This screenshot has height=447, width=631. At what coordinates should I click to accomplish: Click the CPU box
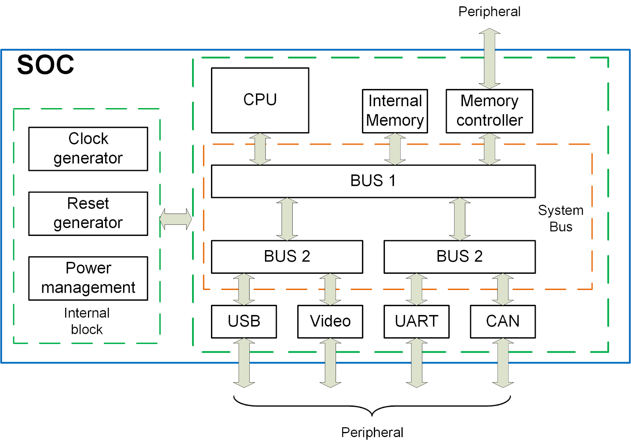click(x=260, y=100)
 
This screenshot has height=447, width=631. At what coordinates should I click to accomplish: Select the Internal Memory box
click(x=395, y=111)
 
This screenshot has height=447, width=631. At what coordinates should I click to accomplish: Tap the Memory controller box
click(x=489, y=111)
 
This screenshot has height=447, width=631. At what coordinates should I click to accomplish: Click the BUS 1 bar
click(x=373, y=181)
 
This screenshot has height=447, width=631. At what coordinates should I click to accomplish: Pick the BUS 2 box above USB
click(x=287, y=256)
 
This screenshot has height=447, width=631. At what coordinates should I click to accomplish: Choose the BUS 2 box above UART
click(x=459, y=256)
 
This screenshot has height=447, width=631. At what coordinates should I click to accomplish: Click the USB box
click(x=244, y=321)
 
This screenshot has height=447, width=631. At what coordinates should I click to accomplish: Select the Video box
click(x=330, y=321)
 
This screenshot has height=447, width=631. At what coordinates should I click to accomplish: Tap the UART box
click(x=416, y=321)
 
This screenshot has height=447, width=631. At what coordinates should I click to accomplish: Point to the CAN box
click(x=502, y=321)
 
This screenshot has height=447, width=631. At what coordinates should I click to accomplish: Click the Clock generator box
click(x=88, y=149)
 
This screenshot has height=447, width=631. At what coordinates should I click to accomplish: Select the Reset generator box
click(x=88, y=213)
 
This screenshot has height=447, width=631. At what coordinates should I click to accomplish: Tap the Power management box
click(x=88, y=278)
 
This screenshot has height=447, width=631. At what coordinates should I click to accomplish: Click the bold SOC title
click(x=45, y=65)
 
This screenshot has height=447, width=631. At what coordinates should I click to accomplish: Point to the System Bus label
click(x=560, y=218)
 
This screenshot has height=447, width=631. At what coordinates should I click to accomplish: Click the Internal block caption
click(x=87, y=321)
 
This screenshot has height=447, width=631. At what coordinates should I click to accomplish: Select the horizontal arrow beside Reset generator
click(x=175, y=219)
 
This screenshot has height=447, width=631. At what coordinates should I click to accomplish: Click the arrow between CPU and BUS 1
click(x=260, y=149)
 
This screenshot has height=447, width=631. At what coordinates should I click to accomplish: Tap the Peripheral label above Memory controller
click(x=489, y=11)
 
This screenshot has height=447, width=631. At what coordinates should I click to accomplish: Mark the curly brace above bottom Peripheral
click(x=372, y=406)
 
